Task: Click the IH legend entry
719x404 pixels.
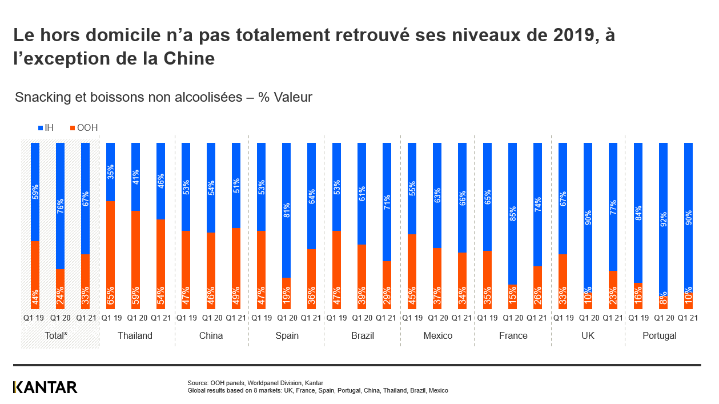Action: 46,127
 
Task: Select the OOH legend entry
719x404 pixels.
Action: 83,127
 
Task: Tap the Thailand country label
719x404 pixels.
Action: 135,335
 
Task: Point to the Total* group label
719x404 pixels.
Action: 57,335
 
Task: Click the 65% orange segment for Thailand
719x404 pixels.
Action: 110,255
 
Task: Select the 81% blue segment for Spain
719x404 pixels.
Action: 286,210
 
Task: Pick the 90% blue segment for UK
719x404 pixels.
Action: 588,217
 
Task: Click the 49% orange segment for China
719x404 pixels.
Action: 236,269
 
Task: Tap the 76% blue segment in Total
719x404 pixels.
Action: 60,206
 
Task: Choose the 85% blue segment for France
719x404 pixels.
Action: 512,213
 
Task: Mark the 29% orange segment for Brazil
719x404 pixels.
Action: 387,285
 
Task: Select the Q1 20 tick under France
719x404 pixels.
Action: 513,317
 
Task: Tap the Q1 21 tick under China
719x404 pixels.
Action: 236,317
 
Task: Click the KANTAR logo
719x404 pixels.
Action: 45,387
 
